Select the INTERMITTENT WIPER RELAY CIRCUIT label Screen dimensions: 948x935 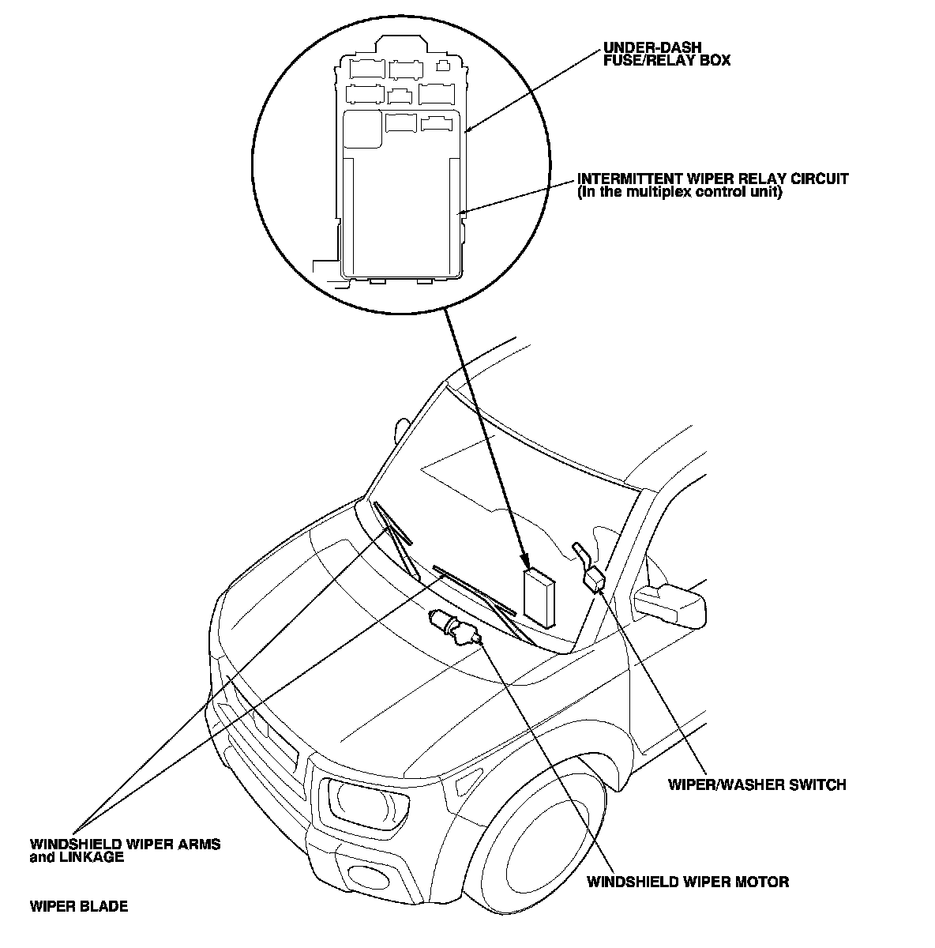(x=712, y=179)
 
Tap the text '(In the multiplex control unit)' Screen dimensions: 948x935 (x=679, y=192)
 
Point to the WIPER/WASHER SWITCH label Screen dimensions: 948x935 (x=757, y=784)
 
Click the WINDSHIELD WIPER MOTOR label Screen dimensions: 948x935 (x=688, y=882)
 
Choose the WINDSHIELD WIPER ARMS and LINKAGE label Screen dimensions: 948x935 (x=125, y=850)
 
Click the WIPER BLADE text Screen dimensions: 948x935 (x=79, y=906)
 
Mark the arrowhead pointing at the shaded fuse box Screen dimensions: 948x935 (x=525, y=560)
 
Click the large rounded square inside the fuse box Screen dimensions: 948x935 (x=362, y=130)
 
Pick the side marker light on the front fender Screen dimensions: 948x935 (x=469, y=781)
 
